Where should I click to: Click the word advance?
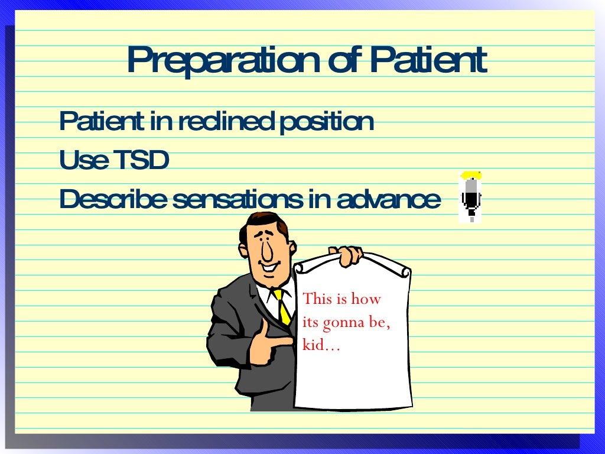(x=389, y=200)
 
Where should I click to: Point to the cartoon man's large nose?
(x=266, y=251)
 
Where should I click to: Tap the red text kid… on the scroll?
(x=321, y=345)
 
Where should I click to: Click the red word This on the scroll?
(x=318, y=299)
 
